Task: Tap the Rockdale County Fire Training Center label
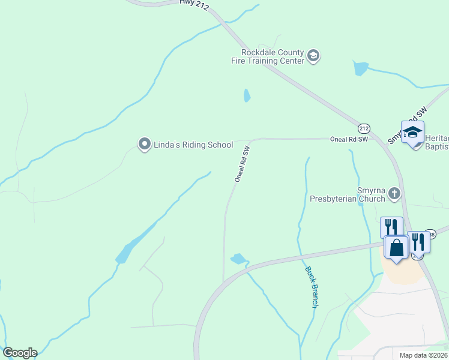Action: pyautogui.click(x=269, y=56)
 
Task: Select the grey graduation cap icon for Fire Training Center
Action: pyautogui.click(x=313, y=56)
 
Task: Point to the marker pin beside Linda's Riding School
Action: pyautogui.click(x=144, y=144)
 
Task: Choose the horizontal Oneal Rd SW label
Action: pyautogui.click(x=349, y=139)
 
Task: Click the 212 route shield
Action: pyautogui.click(x=364, y=128)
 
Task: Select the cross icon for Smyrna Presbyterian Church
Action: pyautogui.click(x=394, y=193)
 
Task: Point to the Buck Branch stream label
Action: pyautogui.click(x=310, y=287)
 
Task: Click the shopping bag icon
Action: pyautogui.click(x=397, y=247)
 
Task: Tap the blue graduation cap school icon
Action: pyautogui.click(x=413, y=132)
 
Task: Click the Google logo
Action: pyautogui.click(x=20, y=353)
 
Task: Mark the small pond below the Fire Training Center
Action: pyautogui.click(x=247, y=95)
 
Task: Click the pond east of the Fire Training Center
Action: pyautogui.click(x=360, y=68)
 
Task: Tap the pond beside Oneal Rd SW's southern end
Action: pyautogui.click(x=238, y=259)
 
